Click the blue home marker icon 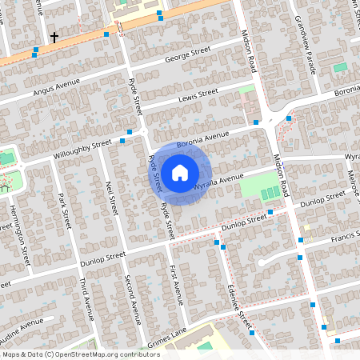[180, 173]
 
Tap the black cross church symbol [54, 37]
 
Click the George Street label [187, 55]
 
